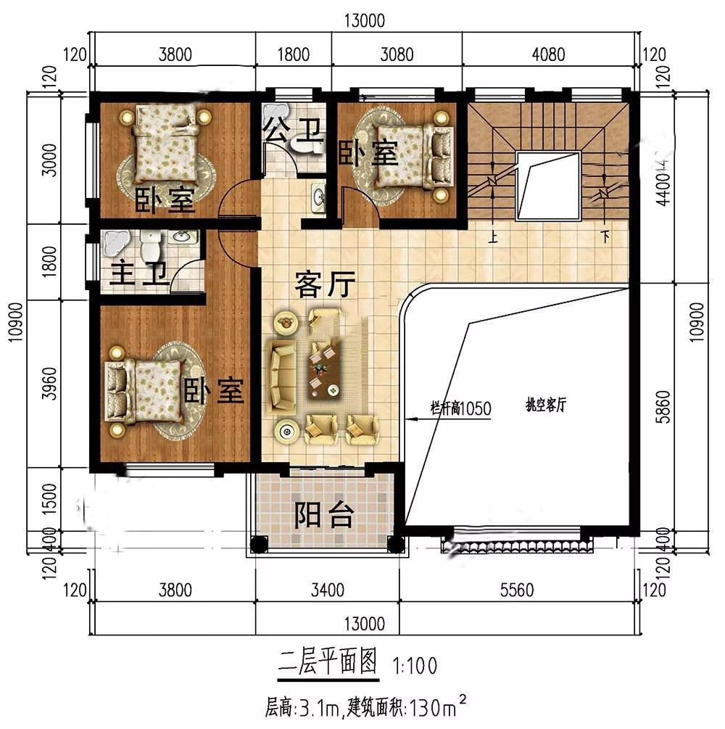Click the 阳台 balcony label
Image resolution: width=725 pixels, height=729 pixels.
(x=324, y=516)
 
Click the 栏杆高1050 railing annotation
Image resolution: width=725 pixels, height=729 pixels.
(x=461, y=409)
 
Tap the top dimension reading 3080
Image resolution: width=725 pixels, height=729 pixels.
(x=397, y=54)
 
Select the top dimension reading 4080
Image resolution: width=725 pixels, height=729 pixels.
(x=551, y=54)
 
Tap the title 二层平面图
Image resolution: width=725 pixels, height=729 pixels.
(x=328, y=662)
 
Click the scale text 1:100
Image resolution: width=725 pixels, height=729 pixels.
(x=415, y=664)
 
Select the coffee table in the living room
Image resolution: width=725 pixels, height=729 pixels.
(x=323, y=368)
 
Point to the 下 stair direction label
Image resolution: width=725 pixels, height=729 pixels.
(x=605, y=236)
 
